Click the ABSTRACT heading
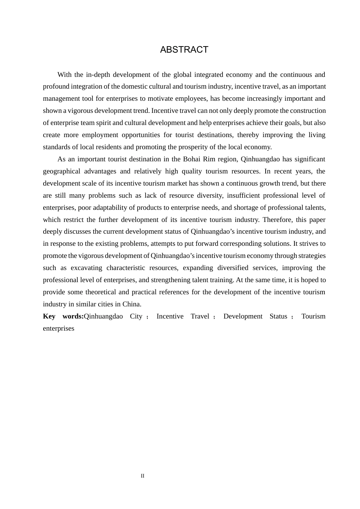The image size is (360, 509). point(184,50)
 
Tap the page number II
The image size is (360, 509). point(142,476)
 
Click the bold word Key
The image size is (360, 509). point(49,316)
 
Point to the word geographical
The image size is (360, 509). point(61,171)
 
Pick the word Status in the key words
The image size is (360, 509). point(279,316)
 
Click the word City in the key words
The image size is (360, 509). point(136,316)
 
